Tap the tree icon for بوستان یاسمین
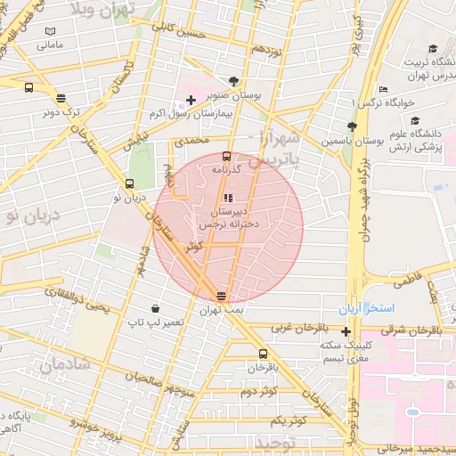[352, 126]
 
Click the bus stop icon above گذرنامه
[225, 156]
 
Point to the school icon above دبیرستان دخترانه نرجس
[228, 198]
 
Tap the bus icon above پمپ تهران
[221, 297]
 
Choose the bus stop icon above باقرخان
[250, 354]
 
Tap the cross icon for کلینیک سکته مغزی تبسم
[346, 332]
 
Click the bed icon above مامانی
[50, 32]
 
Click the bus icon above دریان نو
[130, 184]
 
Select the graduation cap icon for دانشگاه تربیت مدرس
[433, 49]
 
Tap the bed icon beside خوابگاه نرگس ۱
[384, 89]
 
